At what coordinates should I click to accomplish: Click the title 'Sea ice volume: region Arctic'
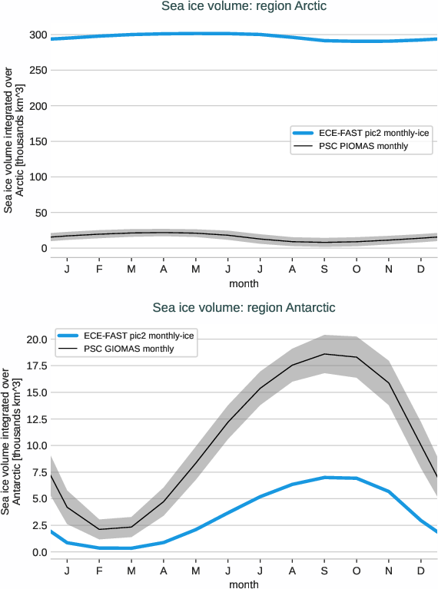tap(244, 7)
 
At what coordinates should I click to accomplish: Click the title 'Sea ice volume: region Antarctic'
tap(244, 308)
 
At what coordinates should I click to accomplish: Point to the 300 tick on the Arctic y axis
tap(35, 35)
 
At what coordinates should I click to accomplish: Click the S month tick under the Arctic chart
tap(324, 269)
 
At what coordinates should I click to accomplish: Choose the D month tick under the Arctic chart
tap(421, 269)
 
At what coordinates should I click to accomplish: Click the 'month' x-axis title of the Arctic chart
tap(244, 283)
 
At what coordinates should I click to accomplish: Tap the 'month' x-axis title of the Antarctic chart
tap(244, 584)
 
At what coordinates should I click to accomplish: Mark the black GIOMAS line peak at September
tap(324, 354)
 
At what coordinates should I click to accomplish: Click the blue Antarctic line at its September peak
tap(324, 478)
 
